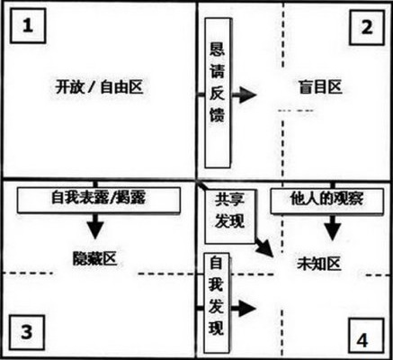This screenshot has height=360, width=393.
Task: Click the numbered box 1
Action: (28, 26)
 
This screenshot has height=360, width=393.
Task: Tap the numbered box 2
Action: (367, 27)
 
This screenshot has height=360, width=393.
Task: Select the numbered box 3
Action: (27, 333)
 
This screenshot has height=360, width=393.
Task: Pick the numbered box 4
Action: (366, 337)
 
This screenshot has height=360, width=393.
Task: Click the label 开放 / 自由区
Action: (99, 87)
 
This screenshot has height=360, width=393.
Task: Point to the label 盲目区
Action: (320, 87)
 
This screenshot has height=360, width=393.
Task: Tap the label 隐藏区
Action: (94, 258)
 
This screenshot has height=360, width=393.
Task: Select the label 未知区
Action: (319, 264)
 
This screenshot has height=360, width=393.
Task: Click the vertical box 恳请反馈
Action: (218, 93)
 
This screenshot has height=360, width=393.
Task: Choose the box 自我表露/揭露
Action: (99, 200)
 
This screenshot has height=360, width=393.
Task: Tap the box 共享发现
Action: (230, 216)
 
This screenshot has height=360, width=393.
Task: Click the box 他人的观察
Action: (326, 201)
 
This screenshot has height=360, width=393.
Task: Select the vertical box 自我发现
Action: (217, 303)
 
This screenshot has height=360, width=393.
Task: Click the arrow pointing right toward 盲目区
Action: (245, 94)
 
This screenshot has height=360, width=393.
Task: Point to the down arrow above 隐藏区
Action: (96, 226)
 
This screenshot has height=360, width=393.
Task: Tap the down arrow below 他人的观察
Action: (333, 227)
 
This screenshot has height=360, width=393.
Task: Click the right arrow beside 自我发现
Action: (243, 309)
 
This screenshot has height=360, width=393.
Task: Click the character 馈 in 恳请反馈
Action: (218, 114)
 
